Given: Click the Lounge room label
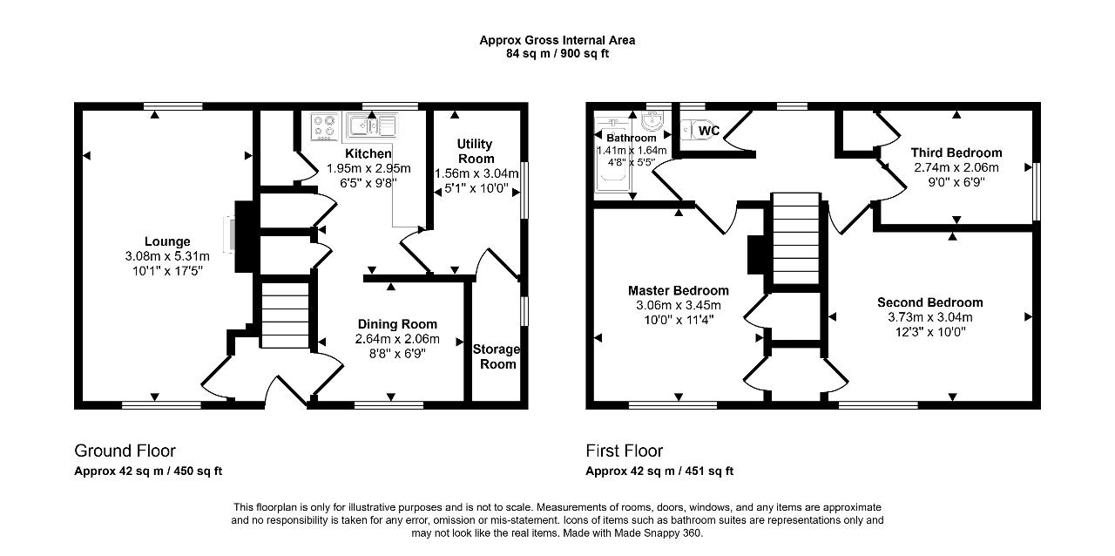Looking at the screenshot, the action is click(x=167, y=241).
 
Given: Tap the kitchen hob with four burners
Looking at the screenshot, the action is click(x=324, y=126).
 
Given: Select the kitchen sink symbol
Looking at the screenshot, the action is click(x=372, y=125).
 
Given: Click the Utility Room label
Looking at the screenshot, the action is click(x=476, y=152).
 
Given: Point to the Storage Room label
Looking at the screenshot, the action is click(x=497, y=356).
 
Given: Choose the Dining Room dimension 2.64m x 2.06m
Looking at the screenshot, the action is click(x=397, y=339).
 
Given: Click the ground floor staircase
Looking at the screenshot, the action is click(x=285, y=315).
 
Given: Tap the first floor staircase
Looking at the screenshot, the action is click(x=795, y=238).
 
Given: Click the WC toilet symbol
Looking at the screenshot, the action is click(x=699, y=131).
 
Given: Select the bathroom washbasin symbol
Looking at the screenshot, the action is click(x=652, y=120).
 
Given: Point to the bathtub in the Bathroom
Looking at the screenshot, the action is click(x=613, y=155).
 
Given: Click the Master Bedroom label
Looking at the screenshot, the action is click(x=679, y=290).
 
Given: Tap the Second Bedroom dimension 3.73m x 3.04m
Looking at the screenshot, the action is click(x=930, y=317).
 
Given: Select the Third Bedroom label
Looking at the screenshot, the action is click(x=956, y=153).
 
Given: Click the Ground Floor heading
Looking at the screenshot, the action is click(x=125, y=451).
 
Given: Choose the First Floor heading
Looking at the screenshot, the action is click(x=625, y=451).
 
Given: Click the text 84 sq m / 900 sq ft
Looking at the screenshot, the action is click(x=557, y=54).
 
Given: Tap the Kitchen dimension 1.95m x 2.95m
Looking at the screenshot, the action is click(x=368, y=168).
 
